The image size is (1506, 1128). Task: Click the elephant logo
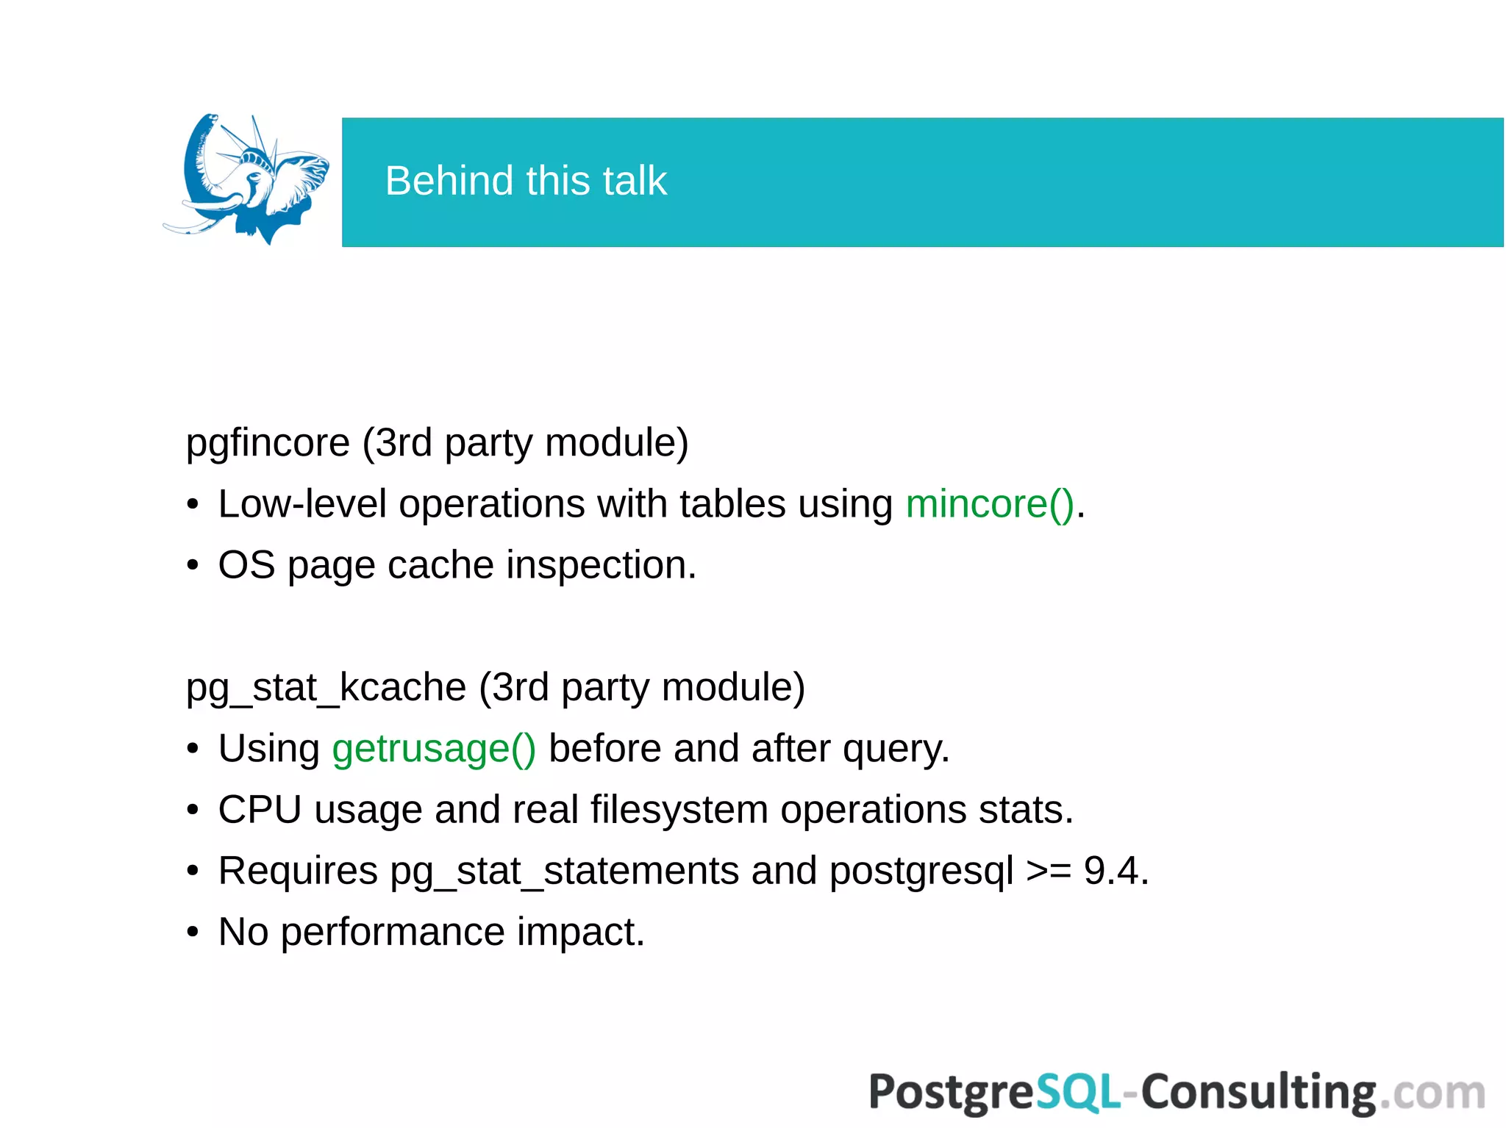tap(246, 179)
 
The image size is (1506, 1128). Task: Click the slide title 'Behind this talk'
tap(526, 181)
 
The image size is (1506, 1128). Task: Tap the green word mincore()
tap(990, 505)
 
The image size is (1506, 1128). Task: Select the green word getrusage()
tap(434, 750)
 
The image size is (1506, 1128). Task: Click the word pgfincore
tap(268, 443)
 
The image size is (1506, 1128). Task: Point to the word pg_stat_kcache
tap(326, 689)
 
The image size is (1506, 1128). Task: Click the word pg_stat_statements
tap(564, 872)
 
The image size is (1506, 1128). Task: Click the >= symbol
tap(1048, 872)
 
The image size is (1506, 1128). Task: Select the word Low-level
tap(302, 505)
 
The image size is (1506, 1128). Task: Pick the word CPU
tap(260, 811)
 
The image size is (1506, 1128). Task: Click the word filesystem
tap(679, 811)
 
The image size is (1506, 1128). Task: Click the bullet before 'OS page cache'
tap(193, 566)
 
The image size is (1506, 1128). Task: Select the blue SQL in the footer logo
tap(1078, 1092)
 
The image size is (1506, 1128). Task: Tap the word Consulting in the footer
tap(1257, 1092)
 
